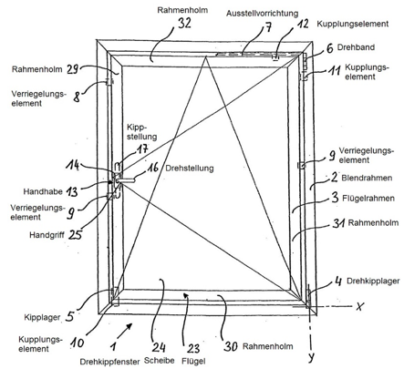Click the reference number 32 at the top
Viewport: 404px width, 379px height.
tap(184, 24)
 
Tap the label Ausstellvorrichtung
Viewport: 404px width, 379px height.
tap(262, 14)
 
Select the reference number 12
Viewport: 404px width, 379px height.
tap(301, 24)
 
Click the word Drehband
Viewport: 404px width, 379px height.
tap(356, 47)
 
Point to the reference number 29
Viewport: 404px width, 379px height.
tap(72, 69)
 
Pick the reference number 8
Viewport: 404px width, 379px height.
tap(77, 97)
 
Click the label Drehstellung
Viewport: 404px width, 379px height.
tap(190, 169)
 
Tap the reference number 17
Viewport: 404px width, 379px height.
tap(142, 149)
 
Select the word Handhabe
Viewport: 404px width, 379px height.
tap(43, 191)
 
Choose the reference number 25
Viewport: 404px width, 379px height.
tap(76, 234)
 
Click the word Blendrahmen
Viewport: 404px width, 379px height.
tap(367, 178)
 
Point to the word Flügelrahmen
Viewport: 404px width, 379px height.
tap(368, 199)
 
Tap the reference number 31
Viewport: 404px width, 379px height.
tap(338, 223)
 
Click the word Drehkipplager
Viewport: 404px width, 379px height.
tap(373, 281)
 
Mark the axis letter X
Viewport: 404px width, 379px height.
tap(359, 306)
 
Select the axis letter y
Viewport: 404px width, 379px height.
tap(311, 357)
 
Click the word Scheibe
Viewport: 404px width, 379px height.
tap(159, 360)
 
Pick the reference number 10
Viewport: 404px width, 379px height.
tap(77, 343)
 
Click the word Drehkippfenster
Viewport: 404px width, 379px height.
tap(109, 362)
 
